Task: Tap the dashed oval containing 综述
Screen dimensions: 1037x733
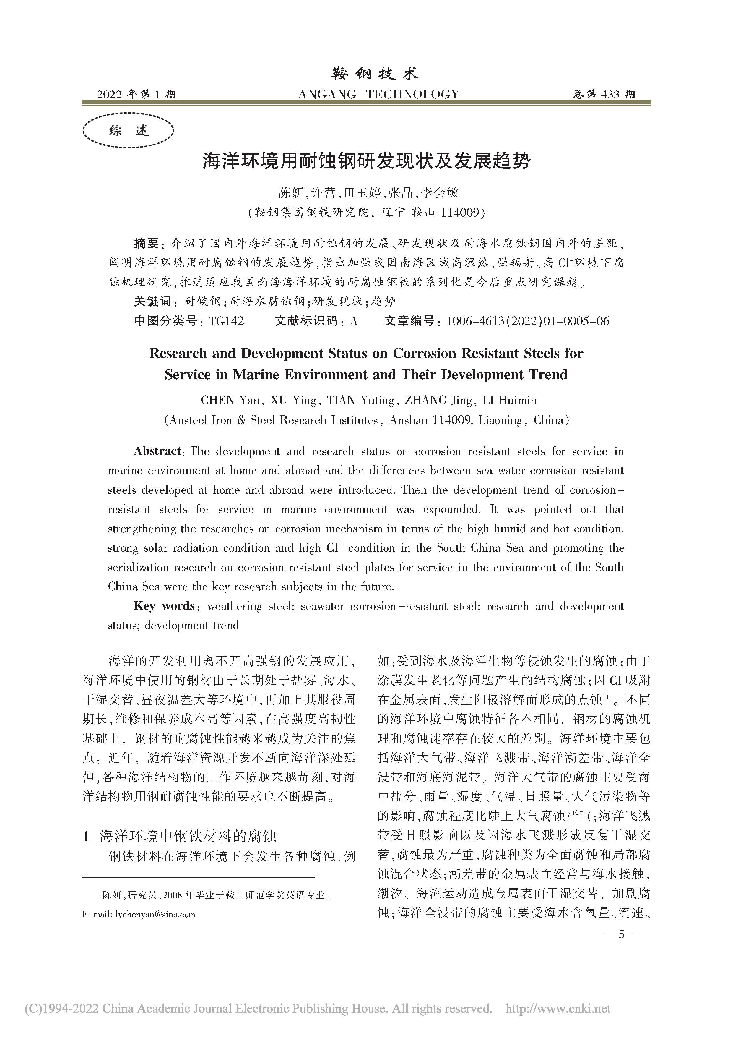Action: tap(129, 131)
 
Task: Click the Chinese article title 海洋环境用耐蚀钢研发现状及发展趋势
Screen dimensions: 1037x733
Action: tap(366, 161)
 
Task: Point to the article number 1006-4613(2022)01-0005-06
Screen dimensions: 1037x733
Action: tap(527, 321)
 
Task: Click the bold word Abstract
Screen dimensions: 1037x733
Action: tap(157, 451)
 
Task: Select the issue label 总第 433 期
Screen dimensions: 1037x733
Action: tap(604, 94)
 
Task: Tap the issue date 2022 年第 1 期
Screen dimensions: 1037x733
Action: tap(136, 94)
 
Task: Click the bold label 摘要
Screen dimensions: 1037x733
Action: tap(147, 244)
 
